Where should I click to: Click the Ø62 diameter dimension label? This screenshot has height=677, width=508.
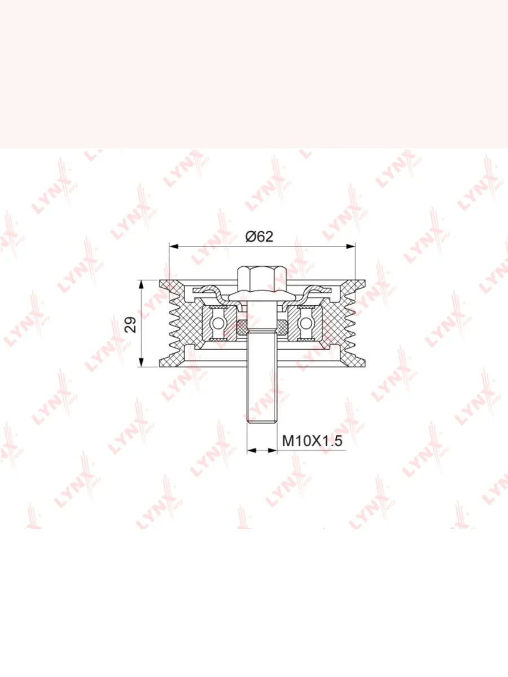point(260,236)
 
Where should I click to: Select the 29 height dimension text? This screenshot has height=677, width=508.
point(131,324)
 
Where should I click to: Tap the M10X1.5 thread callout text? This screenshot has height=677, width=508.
point(312,441)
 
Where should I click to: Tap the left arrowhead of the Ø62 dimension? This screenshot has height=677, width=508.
point(174,246)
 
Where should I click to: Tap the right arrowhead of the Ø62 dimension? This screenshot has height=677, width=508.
point(351,246)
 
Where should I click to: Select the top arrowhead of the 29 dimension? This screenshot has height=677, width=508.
point(142,284)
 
